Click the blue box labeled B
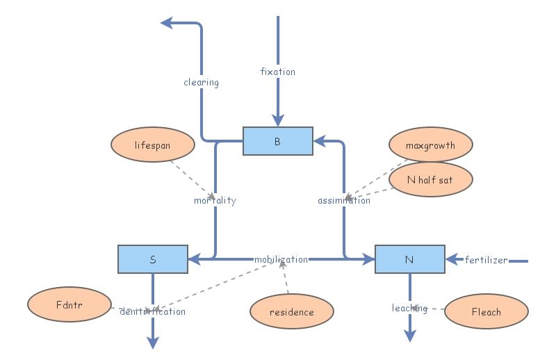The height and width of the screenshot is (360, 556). [x=277, y=141]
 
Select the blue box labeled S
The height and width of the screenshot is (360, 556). [x=152, y=259]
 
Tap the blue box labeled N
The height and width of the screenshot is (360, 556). [x=409, y=259]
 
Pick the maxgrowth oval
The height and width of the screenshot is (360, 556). [x=430, y=146]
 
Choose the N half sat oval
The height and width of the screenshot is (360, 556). [x=430, y=180]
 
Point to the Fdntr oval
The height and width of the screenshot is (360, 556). [x=69, y=304]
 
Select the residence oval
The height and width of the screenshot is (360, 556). [x=291, y=311]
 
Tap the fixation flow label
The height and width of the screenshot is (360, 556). [x=277, y=72]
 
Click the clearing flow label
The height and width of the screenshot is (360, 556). [x=201, y=82]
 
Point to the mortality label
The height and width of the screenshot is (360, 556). [x=215, y=200]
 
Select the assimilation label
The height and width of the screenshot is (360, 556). [x=344, y=200]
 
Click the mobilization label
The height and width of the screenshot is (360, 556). [x=281, y=259]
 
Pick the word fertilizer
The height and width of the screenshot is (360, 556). [x=486, y=260]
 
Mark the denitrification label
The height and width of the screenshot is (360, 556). [x=152, y=311]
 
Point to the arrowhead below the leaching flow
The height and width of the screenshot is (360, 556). [x=409, y=336]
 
